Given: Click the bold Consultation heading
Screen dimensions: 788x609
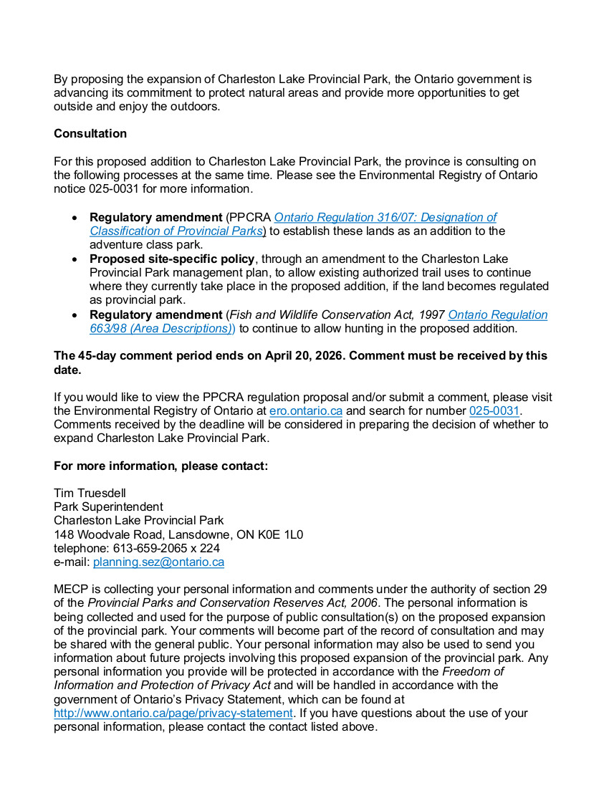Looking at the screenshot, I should pos(90,134).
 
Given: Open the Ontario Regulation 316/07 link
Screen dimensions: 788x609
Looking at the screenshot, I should pos(385,217).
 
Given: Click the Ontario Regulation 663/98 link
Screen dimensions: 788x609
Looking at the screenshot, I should pos(497,314).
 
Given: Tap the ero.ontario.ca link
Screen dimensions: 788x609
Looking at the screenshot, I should pos(306,411).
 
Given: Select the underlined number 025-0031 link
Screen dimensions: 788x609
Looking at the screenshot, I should pos(494,411).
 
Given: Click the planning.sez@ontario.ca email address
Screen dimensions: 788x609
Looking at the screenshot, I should pos(158,562).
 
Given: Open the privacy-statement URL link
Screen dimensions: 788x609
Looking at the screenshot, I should pos(173,713).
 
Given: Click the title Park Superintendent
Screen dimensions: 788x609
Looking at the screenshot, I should pos(108,506).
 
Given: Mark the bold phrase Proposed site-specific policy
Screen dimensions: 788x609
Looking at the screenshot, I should pos(172,259).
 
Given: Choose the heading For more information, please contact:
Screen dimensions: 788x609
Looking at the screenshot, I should pos(161,466).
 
